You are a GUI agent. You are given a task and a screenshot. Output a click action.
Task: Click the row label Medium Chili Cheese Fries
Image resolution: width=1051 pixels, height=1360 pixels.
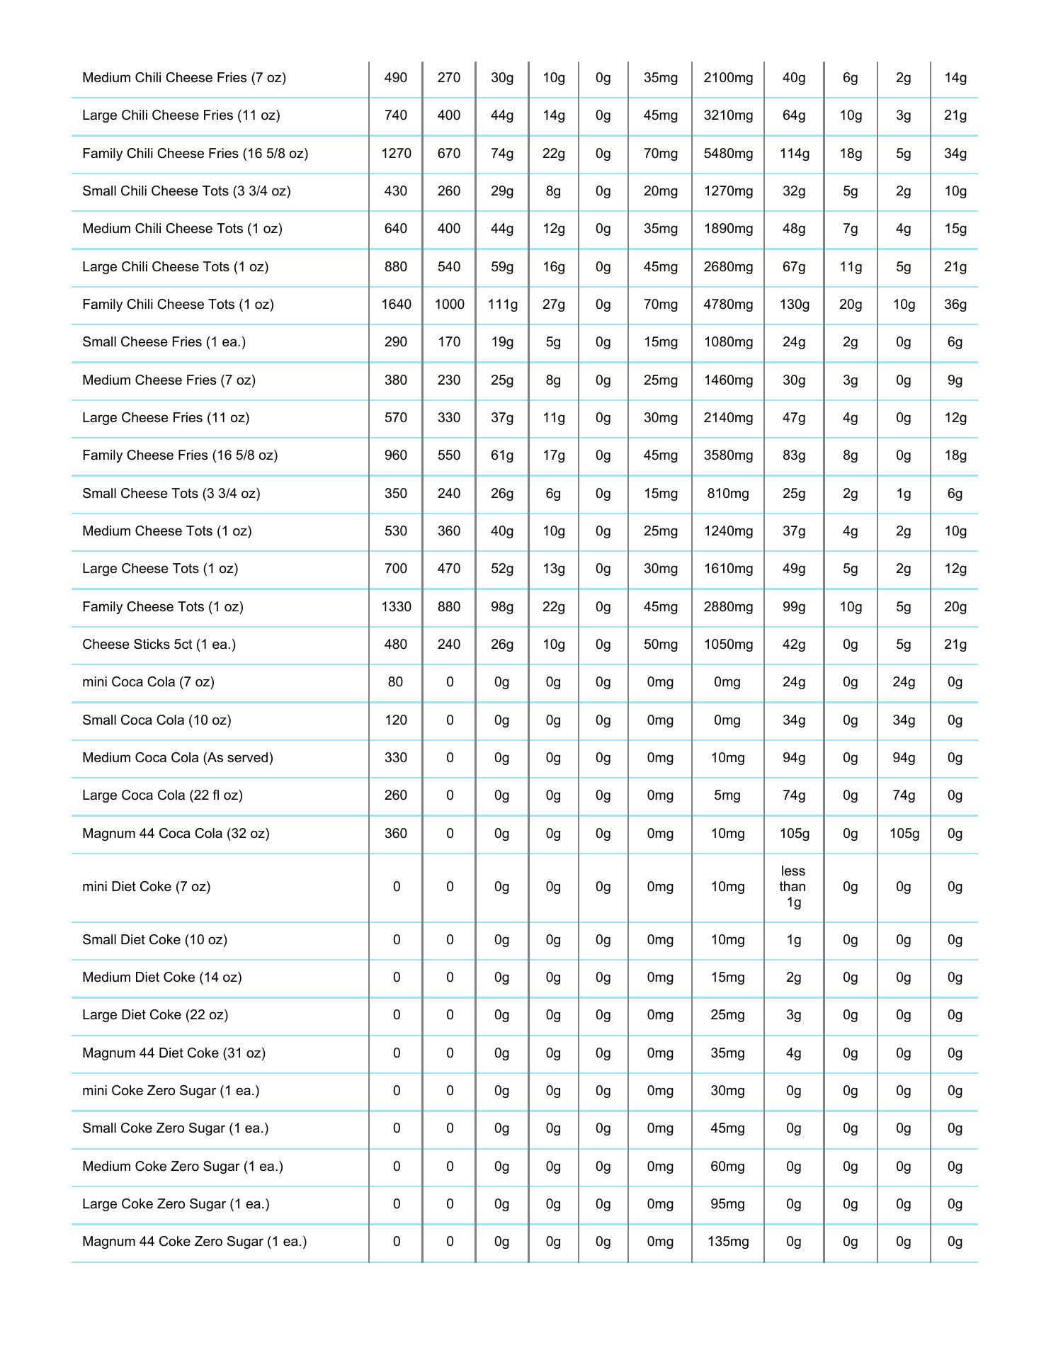tap(184, 78)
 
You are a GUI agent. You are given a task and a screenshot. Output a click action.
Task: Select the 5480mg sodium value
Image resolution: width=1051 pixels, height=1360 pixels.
tap(728, 154)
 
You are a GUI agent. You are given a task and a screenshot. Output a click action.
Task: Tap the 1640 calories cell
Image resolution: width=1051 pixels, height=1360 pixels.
tap(396, 305)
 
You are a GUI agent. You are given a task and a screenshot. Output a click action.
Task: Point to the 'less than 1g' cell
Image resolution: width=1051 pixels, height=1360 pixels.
tap(793, 887)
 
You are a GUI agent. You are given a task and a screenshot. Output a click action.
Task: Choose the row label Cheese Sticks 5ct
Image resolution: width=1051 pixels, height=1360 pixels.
tap(159, 645)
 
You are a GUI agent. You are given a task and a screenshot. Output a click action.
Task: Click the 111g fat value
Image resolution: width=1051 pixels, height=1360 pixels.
tap(502, 305)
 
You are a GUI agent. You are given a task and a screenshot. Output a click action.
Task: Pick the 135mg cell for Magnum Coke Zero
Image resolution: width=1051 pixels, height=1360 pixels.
tap(728, 1242)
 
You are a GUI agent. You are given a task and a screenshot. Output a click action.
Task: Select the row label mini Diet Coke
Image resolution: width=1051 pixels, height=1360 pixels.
tap(146, 887)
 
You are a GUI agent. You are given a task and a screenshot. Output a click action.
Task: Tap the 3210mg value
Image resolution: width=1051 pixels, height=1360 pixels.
tap(728, 115)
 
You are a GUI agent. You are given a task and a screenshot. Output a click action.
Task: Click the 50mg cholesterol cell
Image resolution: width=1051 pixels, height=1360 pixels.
tap(660, 645)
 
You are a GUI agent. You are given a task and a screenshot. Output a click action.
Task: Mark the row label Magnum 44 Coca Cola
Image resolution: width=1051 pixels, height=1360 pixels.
tap(176, 834)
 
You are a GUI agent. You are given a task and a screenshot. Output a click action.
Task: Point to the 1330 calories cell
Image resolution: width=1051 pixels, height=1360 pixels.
tap(396, 607)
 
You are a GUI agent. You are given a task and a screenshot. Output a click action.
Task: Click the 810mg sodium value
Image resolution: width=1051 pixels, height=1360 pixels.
tap(728, 494)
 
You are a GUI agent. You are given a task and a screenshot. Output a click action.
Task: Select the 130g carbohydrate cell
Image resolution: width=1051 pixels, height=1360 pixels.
tap(794, 305)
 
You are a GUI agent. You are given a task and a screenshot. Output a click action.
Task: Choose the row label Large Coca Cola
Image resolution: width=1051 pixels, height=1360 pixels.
tap(162, 795)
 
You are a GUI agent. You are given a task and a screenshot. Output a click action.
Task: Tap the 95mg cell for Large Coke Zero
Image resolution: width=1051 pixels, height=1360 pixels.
tap(728, 1204)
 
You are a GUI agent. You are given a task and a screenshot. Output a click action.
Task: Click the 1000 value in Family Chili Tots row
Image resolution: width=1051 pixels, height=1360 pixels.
tap(449, 305)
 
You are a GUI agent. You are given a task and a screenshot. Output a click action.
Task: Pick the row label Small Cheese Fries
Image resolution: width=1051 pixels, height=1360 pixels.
tap(164, 342)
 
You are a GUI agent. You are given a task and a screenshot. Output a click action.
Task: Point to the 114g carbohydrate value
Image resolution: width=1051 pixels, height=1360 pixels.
tap(794, 154)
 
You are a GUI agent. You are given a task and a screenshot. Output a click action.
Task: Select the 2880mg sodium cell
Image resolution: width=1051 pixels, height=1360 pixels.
tap(728, 607)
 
